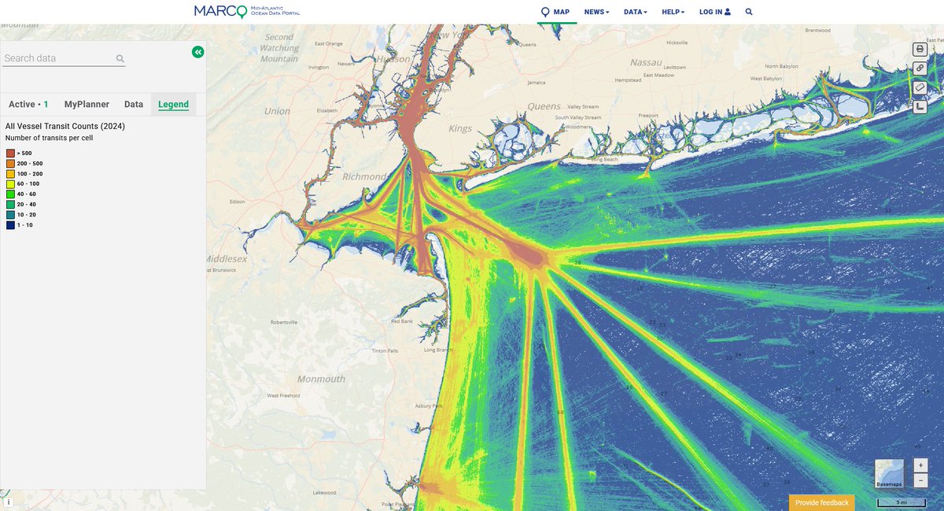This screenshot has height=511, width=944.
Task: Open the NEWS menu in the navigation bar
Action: tap(596, 12)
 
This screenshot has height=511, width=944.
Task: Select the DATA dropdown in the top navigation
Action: tap(635, 12)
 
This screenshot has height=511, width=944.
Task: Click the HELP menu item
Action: tap(673, 12)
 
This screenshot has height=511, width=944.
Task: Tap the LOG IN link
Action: tap(714, 12)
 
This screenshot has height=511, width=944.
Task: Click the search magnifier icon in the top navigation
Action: tap(749, 12)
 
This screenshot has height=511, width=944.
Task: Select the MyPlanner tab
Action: tap(87, 104)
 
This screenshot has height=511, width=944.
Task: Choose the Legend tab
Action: tap(173, 104)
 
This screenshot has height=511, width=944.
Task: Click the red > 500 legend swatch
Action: tap(10, 153)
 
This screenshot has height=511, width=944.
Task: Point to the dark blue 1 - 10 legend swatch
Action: tap(10, 225)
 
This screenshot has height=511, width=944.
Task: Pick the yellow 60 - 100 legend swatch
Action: tap(10, 183)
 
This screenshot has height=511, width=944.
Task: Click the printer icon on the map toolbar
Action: tap(920, 49)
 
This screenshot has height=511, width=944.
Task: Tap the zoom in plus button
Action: tap(920, 465)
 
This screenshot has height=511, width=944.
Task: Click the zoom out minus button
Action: tap(920, 480)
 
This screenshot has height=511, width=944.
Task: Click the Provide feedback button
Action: tap(821, 502)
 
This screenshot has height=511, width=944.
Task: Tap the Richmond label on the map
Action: tap(364, 176)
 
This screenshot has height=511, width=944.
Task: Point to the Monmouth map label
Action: tap(321, 379)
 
